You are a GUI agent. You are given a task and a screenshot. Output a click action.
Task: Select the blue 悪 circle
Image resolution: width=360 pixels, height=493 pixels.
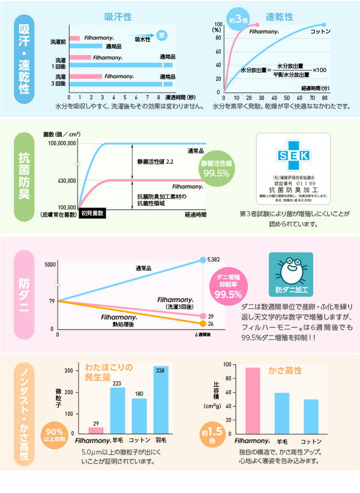pos(162,35)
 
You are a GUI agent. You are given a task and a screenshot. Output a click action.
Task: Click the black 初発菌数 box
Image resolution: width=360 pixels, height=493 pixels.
pos(92,213)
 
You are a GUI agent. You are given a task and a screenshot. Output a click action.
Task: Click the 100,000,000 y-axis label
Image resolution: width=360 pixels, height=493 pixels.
pos(58,144)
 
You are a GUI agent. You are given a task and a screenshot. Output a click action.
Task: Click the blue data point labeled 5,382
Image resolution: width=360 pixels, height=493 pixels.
pos(202,260)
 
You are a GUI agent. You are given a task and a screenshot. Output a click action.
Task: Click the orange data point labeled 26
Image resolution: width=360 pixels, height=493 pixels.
pos(202,324)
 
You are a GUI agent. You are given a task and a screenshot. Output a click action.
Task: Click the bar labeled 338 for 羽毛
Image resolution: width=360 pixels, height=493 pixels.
pos(161,401)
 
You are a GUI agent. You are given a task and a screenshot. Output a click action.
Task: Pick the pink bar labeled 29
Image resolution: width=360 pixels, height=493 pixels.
pos(96,431)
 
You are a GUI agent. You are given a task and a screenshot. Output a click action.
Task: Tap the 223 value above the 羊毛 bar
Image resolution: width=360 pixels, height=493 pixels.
pos(118,383)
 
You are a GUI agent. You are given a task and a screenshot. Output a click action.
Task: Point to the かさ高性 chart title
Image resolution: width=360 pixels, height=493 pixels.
pos(284,370)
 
